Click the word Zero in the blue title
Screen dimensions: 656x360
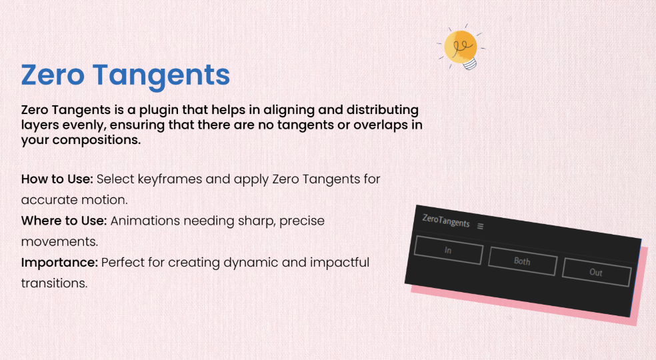pyautogui.click(x=53, y=75)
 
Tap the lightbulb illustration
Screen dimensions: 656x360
pyautogui.click(x=461, y=48)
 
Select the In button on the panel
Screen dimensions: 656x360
pyautogui.click(x=449, y=250)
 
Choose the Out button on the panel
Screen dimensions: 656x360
pyautogui.click(x=596, y=272)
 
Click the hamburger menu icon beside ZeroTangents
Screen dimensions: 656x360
pyautogui.click(x=480, y=226)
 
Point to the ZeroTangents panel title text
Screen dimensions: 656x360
pyautogui.click(x=446, y=220)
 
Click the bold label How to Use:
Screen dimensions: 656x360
pyautogui.click(x=57, y=179)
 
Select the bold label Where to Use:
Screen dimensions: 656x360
pyautogui.click(x=64, y=221)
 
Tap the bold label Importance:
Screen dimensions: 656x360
pyautogui.click(x=59, y=263)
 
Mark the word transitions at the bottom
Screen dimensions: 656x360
pyautogui.click(x=55, y=283)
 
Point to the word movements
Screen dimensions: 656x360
pyautogui.click(x=59, y=242)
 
